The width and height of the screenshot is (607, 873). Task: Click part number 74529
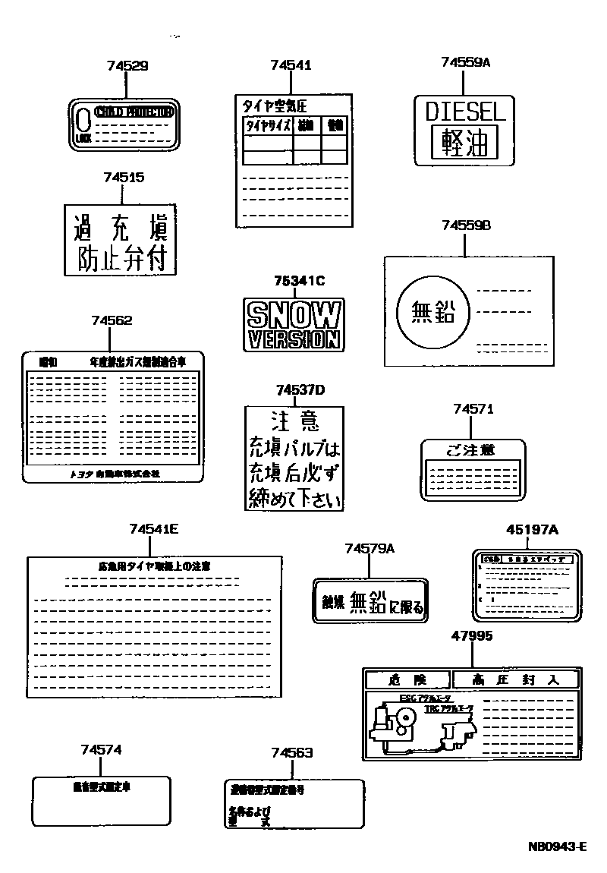point(127,66)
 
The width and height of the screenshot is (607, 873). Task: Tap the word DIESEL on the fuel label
point(465,112)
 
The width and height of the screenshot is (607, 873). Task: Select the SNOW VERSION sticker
point(294,323)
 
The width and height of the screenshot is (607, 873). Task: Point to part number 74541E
point(153,529)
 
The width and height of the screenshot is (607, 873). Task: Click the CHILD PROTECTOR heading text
point(134,112)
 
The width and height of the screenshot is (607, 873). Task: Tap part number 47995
point(470,635)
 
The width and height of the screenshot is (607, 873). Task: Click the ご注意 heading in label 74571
point(470,450)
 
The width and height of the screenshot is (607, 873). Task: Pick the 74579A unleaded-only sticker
point(370,602)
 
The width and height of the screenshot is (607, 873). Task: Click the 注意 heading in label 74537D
point(294,421)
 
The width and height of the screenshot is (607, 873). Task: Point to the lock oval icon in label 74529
point(83,120)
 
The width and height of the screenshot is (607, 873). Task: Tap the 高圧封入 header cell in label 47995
point(515,679)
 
